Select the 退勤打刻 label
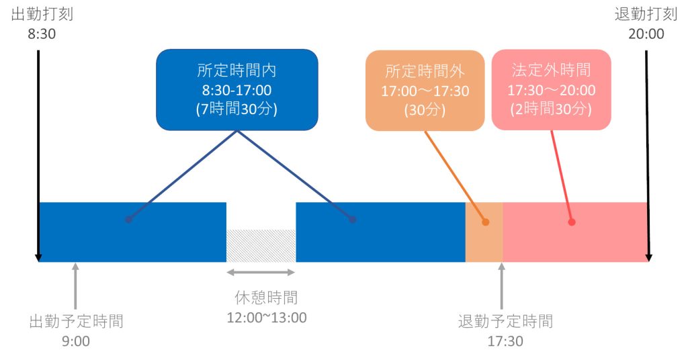645,15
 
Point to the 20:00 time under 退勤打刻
646,33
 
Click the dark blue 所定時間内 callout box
236,89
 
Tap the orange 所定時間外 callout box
425,90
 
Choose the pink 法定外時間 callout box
551,89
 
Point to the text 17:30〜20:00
551,89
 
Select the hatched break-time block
261,245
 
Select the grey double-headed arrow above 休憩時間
261,272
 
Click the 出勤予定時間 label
76,321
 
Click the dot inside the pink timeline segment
572,222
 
